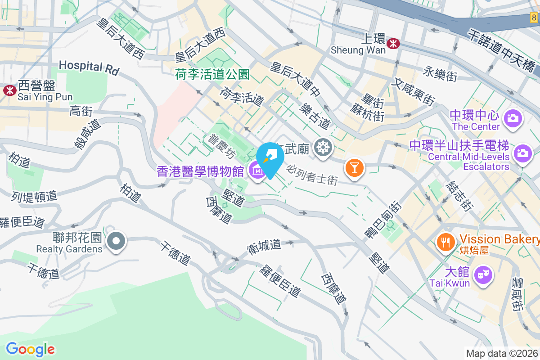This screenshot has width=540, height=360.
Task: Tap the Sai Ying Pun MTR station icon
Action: pyautogui.click(x=9, y=90)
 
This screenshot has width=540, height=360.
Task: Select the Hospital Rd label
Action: pyautogui.click(x=89, y=67)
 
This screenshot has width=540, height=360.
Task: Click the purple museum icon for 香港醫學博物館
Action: pyautogui.click(x=257, y=171)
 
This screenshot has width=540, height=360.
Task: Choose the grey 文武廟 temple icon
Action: pyautogui.click(x=323, y=147)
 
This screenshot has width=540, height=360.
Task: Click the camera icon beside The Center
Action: pyautogui.click(x=512, y=118)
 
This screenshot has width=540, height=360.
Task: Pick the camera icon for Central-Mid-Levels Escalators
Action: pyautogui.click(x=522, y=152)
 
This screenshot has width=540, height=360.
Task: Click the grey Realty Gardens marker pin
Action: pyautogui.click(x=117, y=241)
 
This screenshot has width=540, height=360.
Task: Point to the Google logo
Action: pyautogui.click(x=30, y=349)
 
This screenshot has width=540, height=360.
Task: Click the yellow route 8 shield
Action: pyautogui.click(x=534, y=18)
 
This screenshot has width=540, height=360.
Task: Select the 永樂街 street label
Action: pyautogui.click(x=440, y=73)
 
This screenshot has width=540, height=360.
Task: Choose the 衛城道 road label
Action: pyautogui.click(x=264, y=246)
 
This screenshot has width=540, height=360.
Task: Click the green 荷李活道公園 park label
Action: pyautogui.click(x=212, y=74)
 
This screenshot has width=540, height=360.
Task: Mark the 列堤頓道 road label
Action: pyautogui.click(x=34, y=196)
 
